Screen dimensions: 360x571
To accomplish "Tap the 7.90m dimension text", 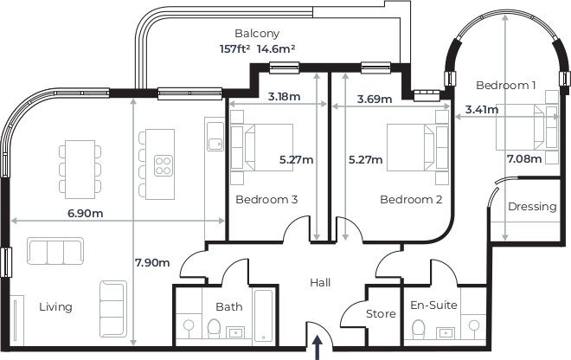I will pos(152,262).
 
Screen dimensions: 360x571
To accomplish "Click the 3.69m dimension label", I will pos(375,100).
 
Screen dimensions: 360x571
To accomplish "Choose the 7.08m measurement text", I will pos(525,159).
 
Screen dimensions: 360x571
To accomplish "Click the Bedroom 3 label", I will pos(266,200).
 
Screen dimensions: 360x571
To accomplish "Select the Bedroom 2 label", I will pos(411,200).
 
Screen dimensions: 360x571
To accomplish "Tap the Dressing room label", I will pos(532,207).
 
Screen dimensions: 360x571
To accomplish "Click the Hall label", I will pos(320,283).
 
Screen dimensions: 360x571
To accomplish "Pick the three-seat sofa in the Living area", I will pos(54,252).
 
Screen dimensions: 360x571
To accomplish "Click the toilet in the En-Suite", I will pos(420,329).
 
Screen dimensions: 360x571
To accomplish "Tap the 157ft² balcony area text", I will pos(235,49).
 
